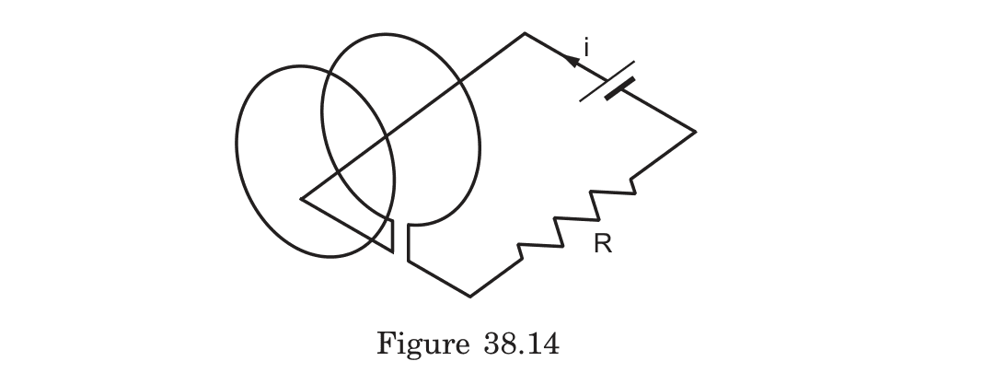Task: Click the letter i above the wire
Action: (585, 46)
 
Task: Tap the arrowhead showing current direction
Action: (573, 60)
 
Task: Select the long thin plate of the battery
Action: (607, 81)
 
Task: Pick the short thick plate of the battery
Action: (620, 88)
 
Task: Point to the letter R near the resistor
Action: (603, 245)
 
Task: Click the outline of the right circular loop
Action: (474, 129)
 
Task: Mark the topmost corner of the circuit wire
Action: (525, 34)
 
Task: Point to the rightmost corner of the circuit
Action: (695, 132)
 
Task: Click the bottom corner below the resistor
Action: (470, 297)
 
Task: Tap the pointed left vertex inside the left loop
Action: (302, 197)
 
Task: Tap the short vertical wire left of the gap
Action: (393, 238)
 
